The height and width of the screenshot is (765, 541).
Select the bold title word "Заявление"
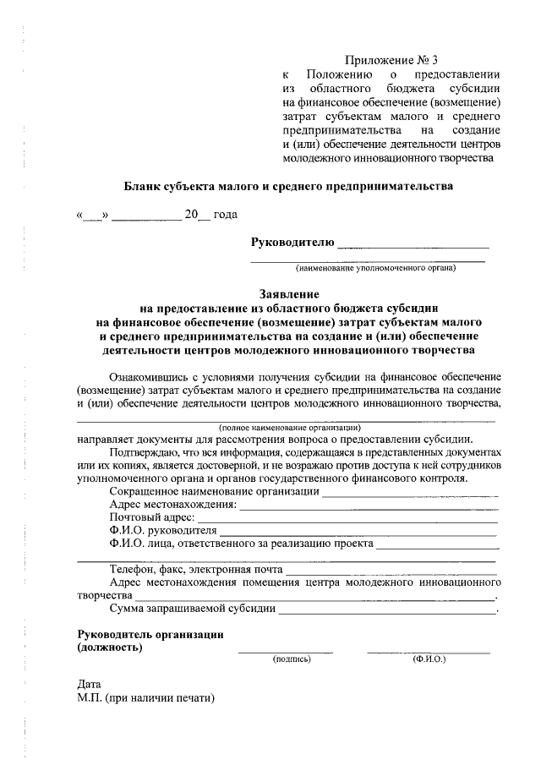288,295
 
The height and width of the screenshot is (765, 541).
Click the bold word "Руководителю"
292,243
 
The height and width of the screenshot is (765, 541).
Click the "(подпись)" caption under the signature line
291,658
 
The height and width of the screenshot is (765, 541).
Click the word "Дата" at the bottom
89,684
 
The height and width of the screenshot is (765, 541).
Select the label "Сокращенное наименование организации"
215,491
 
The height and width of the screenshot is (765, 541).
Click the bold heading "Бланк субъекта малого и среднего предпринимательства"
288,185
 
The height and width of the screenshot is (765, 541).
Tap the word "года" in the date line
225,216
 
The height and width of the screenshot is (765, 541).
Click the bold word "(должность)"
110,648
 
